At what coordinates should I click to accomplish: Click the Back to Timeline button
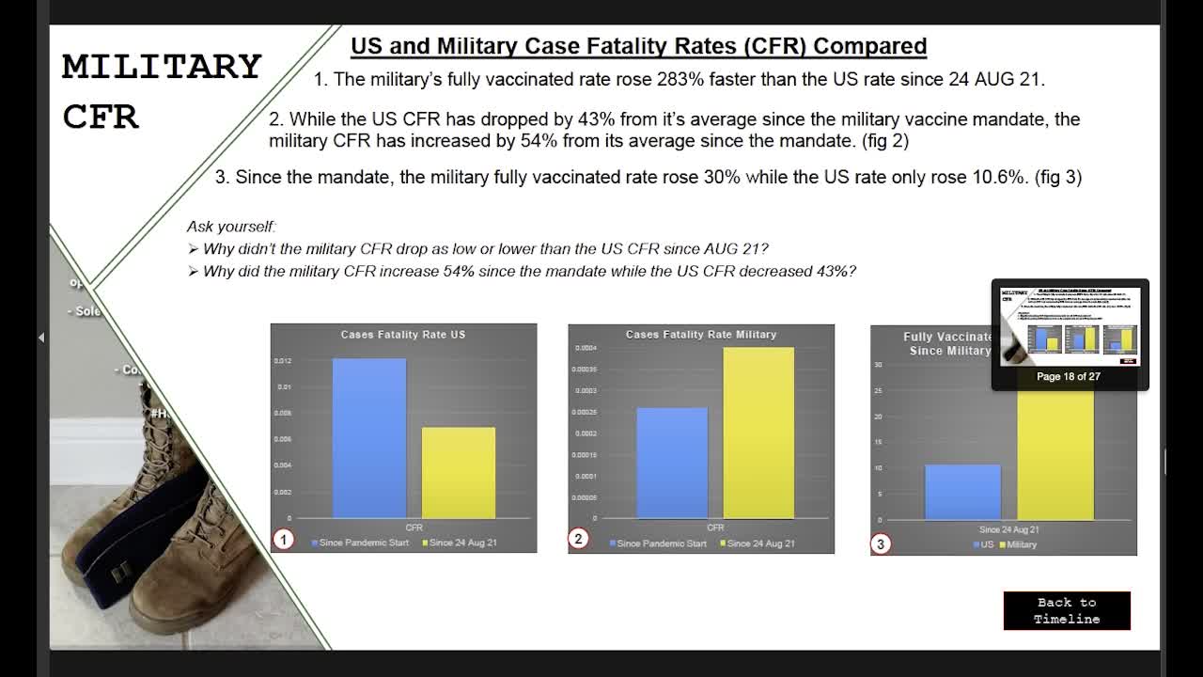point(1067,610)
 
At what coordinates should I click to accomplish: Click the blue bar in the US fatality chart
point(369,437)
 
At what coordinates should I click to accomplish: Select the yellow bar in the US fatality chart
point(458,472)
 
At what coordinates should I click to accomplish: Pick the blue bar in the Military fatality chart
point(672,463)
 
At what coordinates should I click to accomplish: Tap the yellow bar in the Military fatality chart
point(758,433)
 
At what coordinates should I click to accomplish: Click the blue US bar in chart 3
point(962,492)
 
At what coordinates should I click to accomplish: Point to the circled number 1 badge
point(284,539)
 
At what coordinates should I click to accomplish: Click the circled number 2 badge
point(578,539)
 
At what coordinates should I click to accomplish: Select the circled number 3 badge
point(881,543)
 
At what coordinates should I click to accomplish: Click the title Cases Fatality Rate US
point(403,335)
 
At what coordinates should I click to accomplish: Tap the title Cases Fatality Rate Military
point(701,335)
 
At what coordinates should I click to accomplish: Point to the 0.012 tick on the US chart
point(282,361)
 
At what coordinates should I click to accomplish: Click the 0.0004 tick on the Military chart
point(584,348)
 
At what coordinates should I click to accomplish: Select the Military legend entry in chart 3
point(1018,544)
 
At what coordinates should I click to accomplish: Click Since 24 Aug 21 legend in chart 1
point(460,543)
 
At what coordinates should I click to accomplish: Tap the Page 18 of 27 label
point(1069,376)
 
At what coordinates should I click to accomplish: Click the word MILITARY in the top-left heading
point(162,67)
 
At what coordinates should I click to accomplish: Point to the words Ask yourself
point(230,227)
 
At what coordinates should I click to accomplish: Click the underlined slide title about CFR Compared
point(638,46)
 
